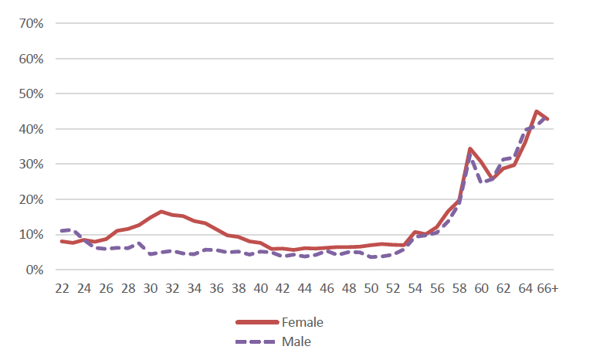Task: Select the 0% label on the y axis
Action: pos(34,270)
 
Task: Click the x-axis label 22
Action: pos(62,288)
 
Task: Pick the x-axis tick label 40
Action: pos(261,288)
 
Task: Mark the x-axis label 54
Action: pos(415,288)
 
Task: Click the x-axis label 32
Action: pos(172,288)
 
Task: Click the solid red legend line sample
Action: pos(257,321)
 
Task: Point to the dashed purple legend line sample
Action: pos(257,340)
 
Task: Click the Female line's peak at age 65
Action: pos(537,111)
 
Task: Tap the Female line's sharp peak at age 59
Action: pos(470,148)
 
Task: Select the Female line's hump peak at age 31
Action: pos(161,211)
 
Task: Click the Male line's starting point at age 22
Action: pos(62,231)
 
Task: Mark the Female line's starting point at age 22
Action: pos(62,241)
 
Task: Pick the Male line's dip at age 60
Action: pos(481,182)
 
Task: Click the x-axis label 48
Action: pos(349,288)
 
